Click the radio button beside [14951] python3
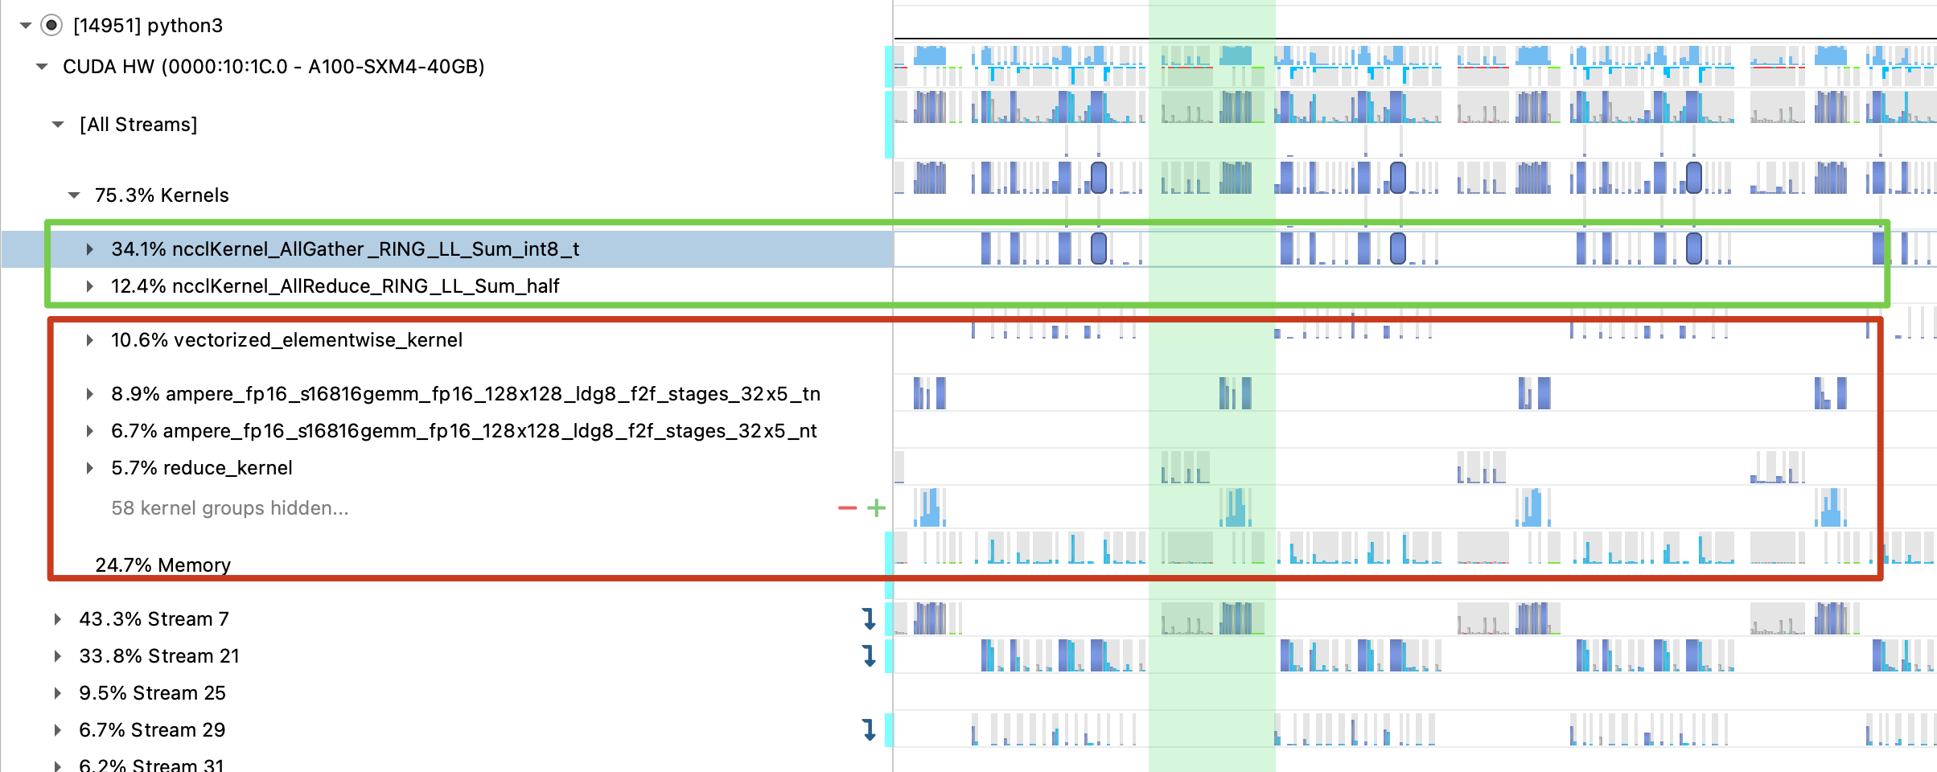[x=51, y=26]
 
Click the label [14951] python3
[x=148, y=26]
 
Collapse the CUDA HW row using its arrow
[x=42, y=67]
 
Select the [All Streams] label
[x=138, y=125]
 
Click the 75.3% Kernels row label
[x=162, y=195]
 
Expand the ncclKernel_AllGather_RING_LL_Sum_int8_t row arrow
[x=89, y=249]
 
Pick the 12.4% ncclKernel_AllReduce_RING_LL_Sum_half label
[x=335, y=286]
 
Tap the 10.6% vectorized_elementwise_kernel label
[x=286, y=340]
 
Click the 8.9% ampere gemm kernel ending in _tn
[x=465, y=394]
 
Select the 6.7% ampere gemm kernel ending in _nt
[x=463, y=431]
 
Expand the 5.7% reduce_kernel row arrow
[x=89, y=468]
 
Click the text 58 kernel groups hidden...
[x=229, y=508]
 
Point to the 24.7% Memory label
[x=162, y=565]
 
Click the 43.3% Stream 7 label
[x=154, y=619]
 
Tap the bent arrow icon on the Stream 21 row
[x=869, y=656]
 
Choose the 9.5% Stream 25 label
[x=152, y=693]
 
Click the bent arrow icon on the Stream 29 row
[x=869, y=730]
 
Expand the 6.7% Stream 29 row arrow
[x=57, y=730]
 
